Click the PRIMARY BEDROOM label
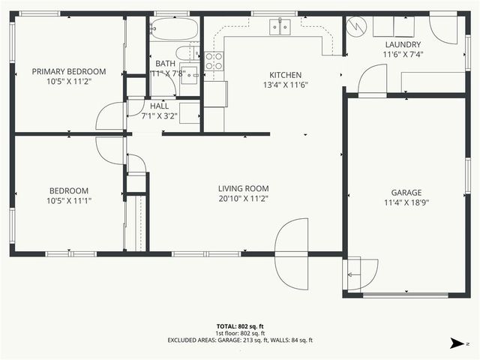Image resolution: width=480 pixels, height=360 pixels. pos(68,72)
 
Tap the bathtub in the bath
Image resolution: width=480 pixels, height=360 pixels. pos(173,30)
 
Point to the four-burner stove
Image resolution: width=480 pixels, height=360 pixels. pos(214,61)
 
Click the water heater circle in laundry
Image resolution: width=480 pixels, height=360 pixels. pos(356,27)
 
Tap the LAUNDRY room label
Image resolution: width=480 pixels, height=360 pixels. pos(402,44)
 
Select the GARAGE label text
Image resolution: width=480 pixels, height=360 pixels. pos(406,192)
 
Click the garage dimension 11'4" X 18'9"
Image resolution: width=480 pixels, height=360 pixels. pos(406,202)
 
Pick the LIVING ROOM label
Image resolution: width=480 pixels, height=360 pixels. pos(243,188)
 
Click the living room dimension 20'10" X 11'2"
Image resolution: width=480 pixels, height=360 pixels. pos(243,199)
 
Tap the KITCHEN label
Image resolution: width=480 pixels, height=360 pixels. pos(285,75)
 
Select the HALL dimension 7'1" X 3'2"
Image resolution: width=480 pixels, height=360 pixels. pos(163,116)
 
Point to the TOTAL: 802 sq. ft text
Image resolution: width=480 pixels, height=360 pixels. pos(240,326)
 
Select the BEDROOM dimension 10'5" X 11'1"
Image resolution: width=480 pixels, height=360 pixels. pos(68,200)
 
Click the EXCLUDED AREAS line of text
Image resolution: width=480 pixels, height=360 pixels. pos(240,340)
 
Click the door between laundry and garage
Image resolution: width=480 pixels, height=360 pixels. pos(371,81)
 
